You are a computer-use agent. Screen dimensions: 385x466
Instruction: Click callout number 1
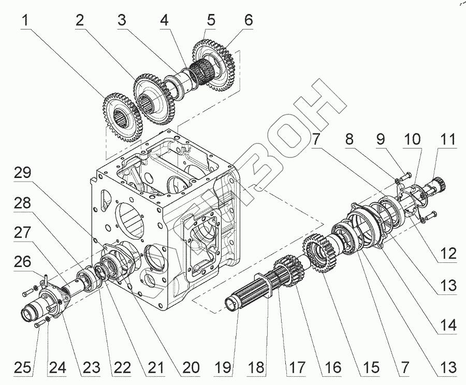[25, 21]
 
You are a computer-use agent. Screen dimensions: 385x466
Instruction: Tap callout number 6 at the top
[249, 21]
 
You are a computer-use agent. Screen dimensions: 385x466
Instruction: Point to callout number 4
[164, 21]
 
